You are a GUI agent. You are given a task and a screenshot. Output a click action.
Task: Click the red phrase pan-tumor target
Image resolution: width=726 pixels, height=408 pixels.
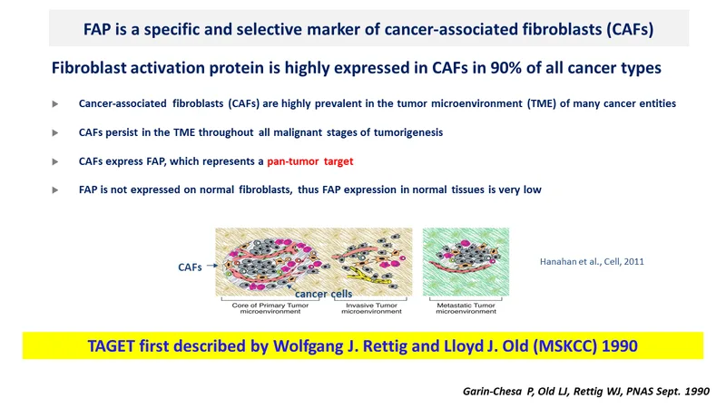coord(309,161)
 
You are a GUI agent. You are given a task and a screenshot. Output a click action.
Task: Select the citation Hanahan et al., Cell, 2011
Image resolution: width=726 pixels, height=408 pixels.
coord(592,261)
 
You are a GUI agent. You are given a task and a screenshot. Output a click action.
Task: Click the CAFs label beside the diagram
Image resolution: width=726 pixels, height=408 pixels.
coord(190,267)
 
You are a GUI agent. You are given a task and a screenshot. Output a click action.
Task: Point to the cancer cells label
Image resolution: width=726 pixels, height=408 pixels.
coord(324,294)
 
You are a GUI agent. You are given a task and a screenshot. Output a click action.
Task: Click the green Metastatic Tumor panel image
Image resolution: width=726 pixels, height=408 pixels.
coord(466,262)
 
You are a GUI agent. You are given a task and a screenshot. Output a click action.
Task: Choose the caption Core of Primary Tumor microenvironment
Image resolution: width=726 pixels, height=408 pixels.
coord(270,308)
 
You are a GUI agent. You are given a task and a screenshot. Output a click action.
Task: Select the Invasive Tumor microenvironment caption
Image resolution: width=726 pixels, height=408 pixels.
coord(371,308)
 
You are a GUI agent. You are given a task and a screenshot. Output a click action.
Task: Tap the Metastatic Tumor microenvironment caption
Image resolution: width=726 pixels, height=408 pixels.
coord(466,308)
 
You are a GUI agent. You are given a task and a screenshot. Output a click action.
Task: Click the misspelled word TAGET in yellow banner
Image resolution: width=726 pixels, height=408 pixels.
coord(112,346)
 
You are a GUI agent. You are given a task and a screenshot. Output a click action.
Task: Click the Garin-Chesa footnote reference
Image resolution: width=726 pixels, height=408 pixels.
coord(585,392)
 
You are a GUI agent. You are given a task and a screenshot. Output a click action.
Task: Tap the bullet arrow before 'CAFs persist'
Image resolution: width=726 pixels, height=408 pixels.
coord(55,132)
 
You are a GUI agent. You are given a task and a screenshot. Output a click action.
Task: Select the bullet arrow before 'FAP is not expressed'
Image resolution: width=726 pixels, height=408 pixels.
coord(55,190)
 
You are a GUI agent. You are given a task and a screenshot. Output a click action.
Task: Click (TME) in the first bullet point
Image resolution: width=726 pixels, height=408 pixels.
coord(541,103)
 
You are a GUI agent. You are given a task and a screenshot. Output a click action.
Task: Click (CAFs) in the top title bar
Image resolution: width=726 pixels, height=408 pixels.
coord(630,29)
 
